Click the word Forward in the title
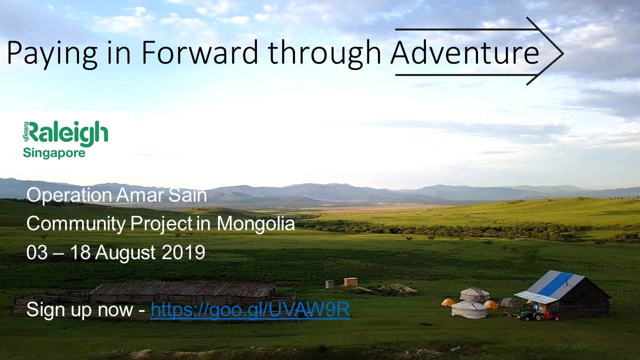[x=199, y=53]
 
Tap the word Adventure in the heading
[x=465, y=53]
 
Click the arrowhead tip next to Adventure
[x=563, y=53]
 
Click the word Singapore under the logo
[x=54, y=153]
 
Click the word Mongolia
[x=255, y=223]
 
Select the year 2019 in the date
[x=183, y=252]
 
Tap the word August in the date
[x=125, y=253]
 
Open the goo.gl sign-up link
[x=250, y=309]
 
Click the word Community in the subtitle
[x=75, y=223]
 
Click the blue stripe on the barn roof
[x=556, y=284]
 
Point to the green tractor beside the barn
[x=531, y=314]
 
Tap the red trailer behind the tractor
[x=553, y=315]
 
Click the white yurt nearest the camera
[x=469, y=309]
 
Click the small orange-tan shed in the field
[x=350, y=282]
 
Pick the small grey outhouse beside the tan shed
[x=329, y=284]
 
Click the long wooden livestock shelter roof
[x=183, y=289]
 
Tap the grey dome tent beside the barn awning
[x=509, y=302]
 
